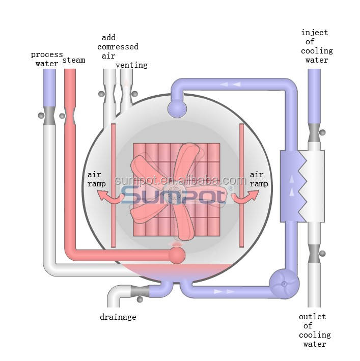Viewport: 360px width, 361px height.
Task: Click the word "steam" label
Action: coord(74,60)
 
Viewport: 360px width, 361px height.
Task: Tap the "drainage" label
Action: coord(118,317)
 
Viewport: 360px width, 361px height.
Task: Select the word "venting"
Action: coord(131,65)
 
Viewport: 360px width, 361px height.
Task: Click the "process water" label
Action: coord(47,59)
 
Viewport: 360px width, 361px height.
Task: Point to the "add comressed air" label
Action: coord(118,47)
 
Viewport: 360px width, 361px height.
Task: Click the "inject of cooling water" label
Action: coord(317,46)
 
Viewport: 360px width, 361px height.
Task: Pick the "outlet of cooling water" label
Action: coord(315,330)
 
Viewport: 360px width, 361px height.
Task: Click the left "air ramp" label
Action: coord(96,179)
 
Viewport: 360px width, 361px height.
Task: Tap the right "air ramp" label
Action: coord(259,179)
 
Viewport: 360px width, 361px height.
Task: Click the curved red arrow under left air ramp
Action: coord(110,199)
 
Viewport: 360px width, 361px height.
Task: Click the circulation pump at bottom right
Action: coord(284,284)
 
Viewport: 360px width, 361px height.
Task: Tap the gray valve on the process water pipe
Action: coord(49,116)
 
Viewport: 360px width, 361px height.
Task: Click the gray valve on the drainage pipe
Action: coord(140,291)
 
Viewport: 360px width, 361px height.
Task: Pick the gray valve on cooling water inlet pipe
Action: coord(314,133)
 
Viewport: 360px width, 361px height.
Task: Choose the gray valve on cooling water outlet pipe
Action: coord(314,254)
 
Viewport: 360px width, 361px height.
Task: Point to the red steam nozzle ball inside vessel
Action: coord(177,255)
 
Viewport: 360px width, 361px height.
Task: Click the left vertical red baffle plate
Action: coord(113,185)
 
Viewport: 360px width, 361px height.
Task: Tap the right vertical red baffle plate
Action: coord(241,185)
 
